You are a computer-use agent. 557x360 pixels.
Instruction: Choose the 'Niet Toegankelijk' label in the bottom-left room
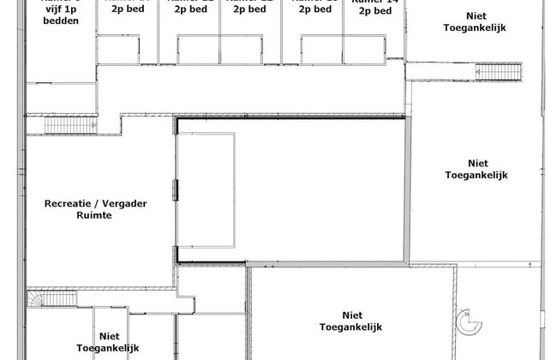click(x=120, y=343)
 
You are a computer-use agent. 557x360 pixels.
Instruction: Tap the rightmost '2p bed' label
click(x=374, y=11)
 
